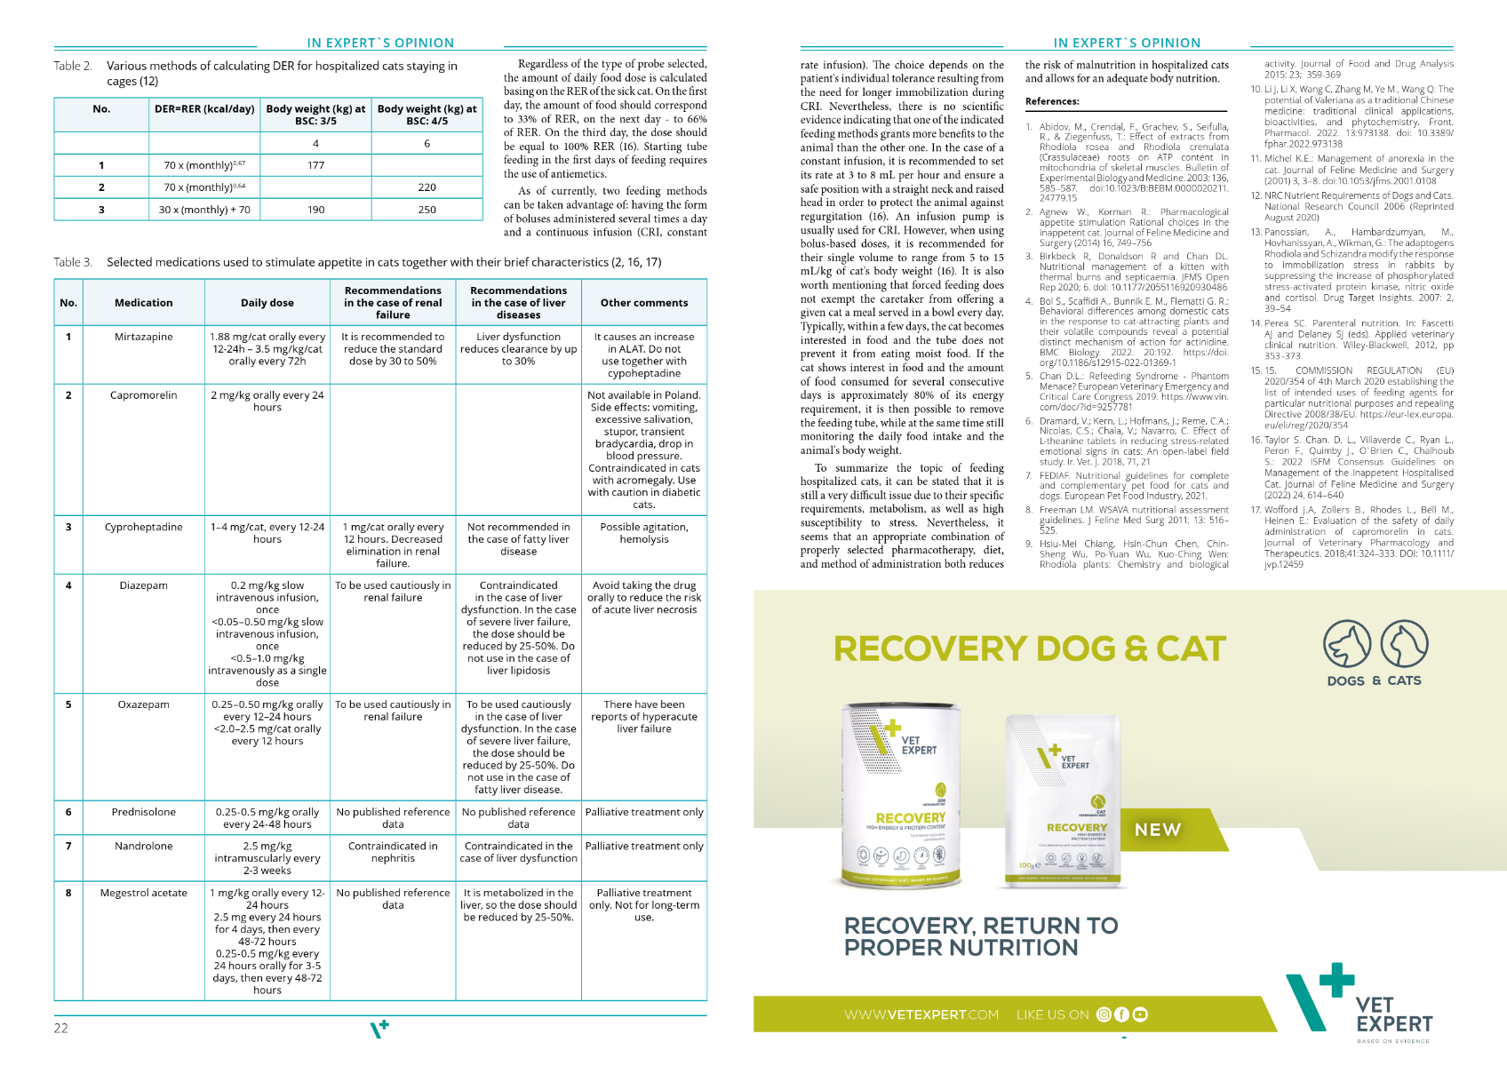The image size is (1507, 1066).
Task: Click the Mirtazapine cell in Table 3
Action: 144,337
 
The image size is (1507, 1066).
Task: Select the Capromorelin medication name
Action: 144,395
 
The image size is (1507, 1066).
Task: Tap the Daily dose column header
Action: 267,303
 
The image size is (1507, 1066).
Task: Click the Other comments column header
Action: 644,303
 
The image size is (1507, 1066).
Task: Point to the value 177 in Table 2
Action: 315,165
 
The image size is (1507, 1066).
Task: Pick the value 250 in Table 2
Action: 427,210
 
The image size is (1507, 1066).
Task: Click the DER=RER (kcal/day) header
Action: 204,109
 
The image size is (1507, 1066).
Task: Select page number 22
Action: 60,1028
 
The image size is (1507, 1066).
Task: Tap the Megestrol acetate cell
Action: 144,893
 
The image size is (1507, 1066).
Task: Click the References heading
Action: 1052,101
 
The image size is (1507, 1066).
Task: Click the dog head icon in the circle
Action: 1347,644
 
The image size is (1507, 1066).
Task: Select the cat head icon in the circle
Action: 1404,644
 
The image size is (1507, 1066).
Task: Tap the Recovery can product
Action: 901,795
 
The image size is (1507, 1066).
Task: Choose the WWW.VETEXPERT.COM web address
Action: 921,1014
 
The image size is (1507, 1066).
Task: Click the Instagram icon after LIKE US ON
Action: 1104,1014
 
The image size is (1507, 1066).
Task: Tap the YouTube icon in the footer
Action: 1140,1014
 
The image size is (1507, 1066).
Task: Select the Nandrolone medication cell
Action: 144,846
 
